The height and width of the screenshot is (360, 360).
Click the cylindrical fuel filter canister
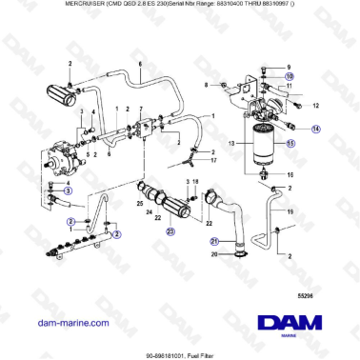tap(259, 150)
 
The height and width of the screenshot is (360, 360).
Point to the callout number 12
tap(316, 106)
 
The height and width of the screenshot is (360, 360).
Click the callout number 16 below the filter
tap(290, 176)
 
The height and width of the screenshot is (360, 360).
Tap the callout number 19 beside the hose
tap(290, 209)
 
